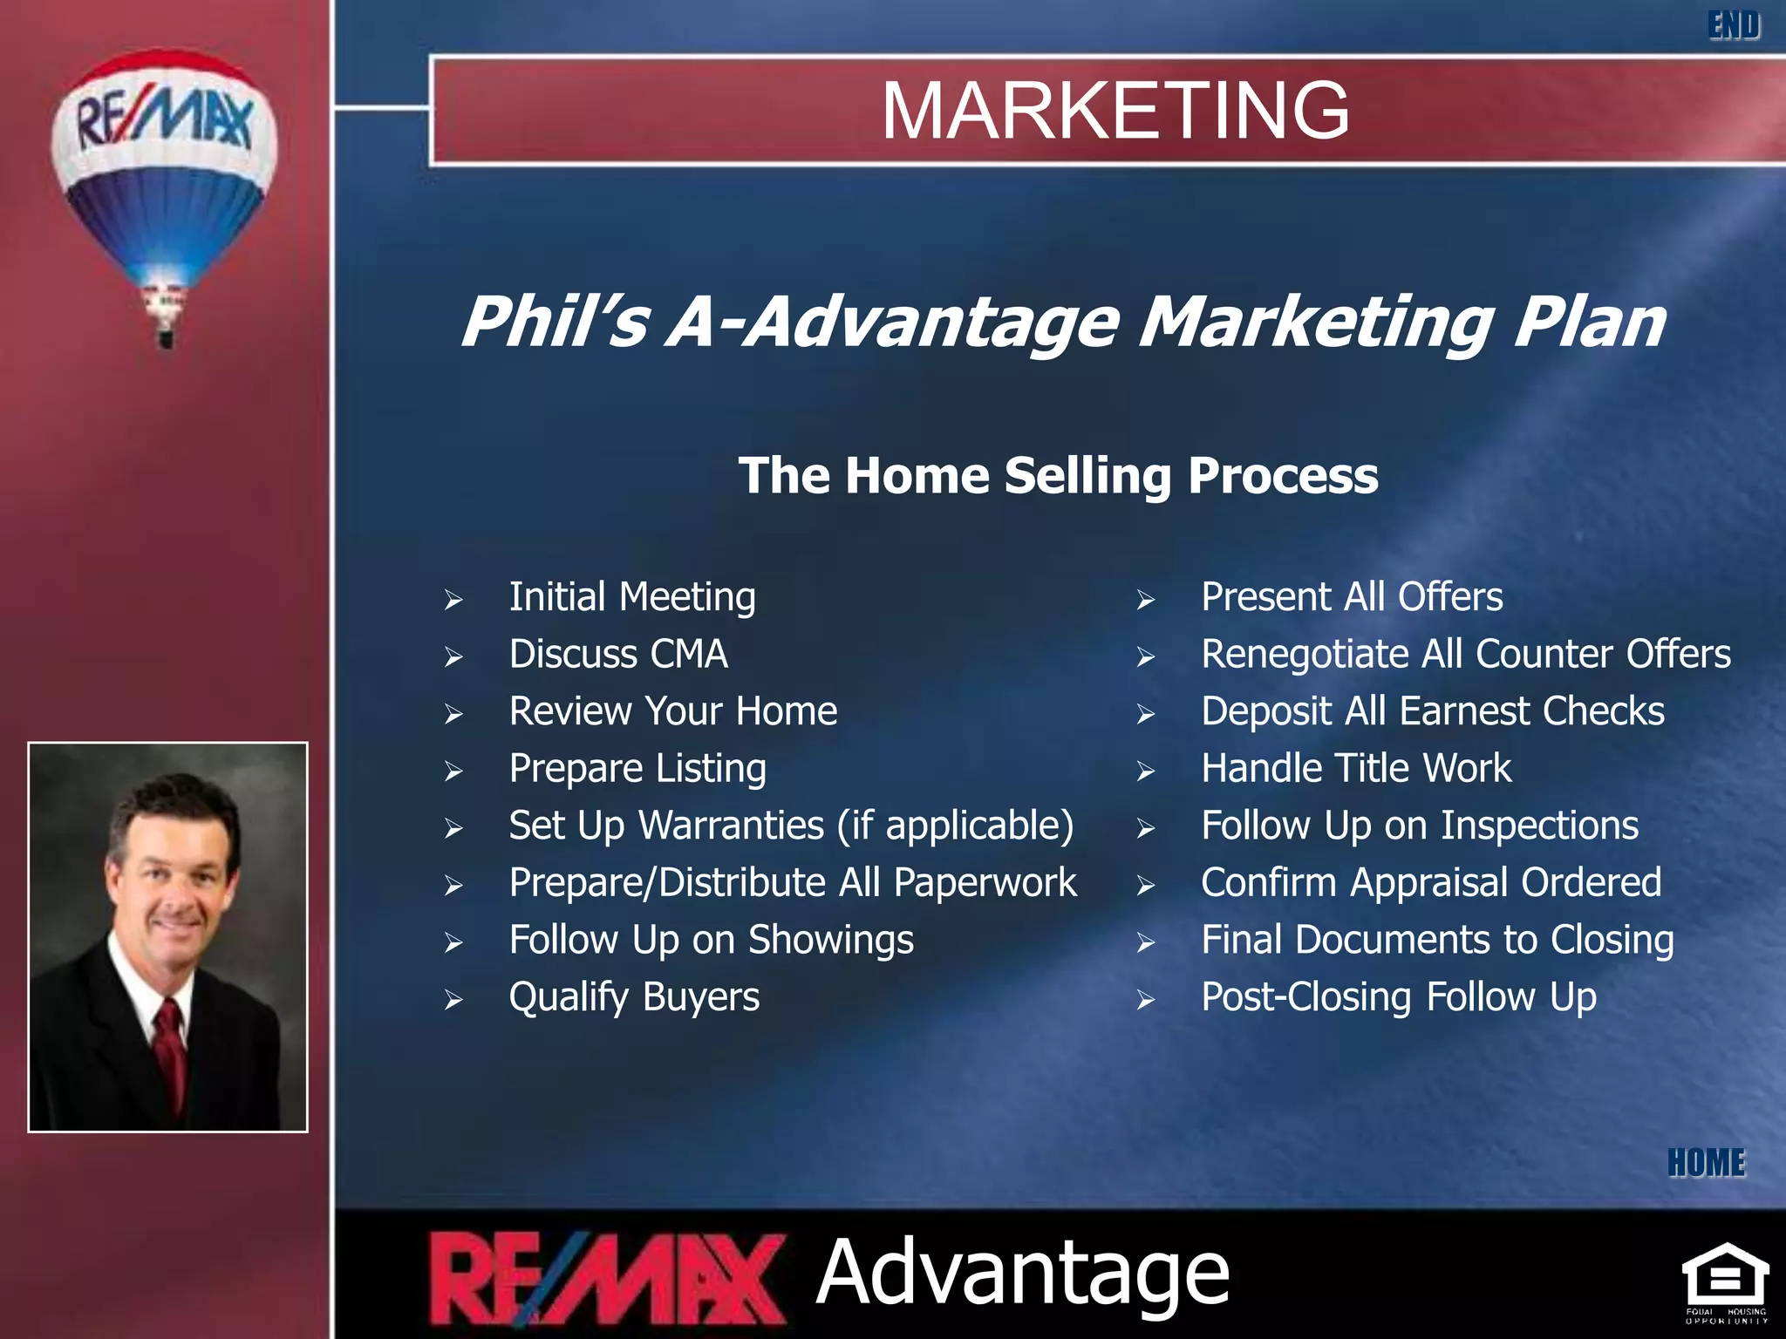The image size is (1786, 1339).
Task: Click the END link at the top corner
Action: [x=1733, y=25]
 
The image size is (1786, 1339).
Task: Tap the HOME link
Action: [x=1706, y=1163]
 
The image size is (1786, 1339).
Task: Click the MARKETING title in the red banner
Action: [x=1115, y=110]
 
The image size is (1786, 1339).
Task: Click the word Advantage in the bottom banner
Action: [x=1022, y=1274]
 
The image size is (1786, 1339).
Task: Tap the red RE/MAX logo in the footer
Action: [x=606, y=1278]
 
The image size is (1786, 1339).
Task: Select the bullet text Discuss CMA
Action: [x=617, y=655]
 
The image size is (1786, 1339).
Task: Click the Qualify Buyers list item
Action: [x=634, y=997]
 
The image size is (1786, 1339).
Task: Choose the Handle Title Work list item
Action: [x=1355, y=769]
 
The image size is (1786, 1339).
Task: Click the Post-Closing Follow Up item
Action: [x=1398, y=997]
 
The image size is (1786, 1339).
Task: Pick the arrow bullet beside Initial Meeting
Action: [x=453, y=600]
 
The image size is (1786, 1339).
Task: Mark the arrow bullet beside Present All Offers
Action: [x=1145, y=600]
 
